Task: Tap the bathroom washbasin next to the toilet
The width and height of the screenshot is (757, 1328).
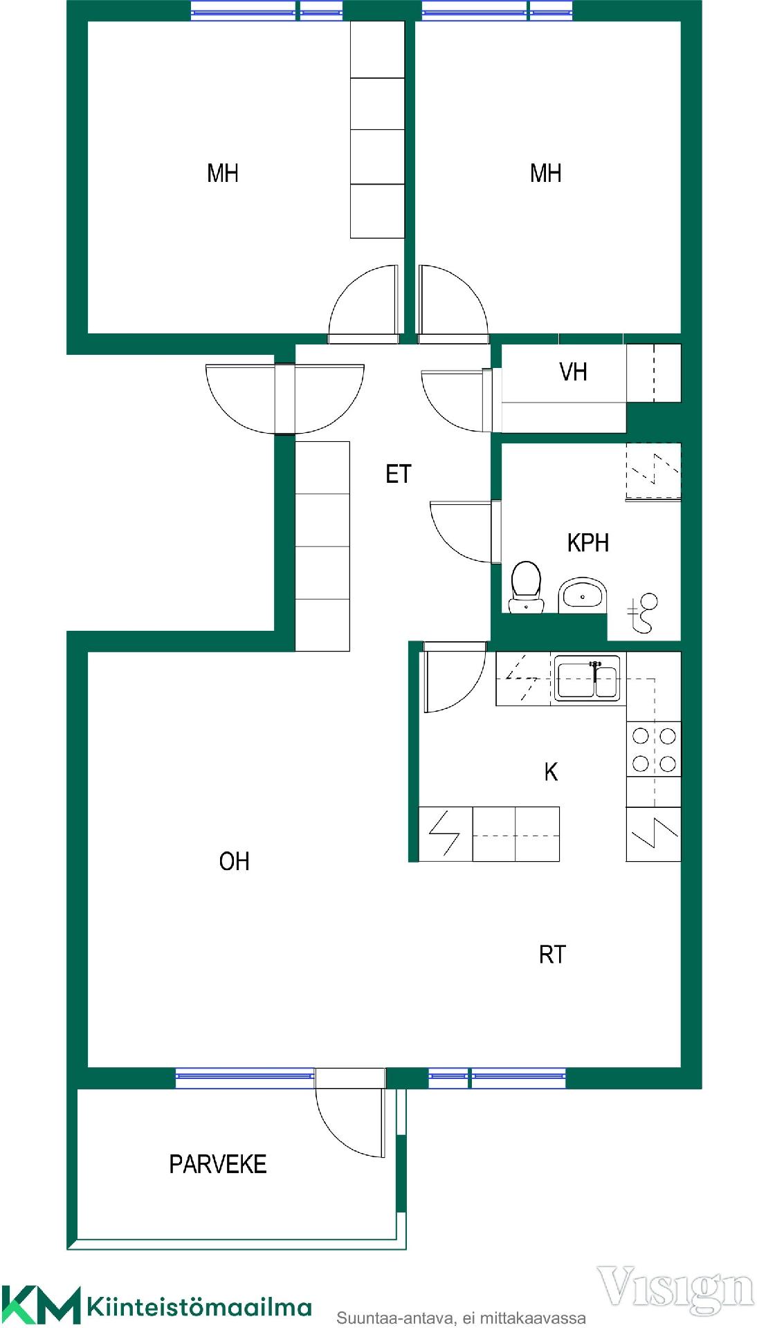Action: (583, 595)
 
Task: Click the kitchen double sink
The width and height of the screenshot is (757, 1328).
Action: (587, 679)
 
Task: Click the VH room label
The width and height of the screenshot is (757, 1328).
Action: (573, 372)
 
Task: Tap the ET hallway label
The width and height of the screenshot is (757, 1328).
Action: (399, 474)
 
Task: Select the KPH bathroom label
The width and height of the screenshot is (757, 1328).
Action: (588, 543)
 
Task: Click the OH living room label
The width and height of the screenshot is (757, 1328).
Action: (234, 861)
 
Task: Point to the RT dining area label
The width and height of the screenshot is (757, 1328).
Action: (552, 954)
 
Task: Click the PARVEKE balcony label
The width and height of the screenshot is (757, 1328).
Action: (218, 1164)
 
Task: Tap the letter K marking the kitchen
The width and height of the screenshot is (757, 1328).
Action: (551, 772)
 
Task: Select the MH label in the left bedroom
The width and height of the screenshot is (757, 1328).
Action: (223, 173)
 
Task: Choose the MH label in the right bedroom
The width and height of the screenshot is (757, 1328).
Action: (545, 173)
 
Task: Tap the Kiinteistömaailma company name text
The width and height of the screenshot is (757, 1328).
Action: (199, 1307)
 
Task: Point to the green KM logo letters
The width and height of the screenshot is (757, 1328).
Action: (40, 1304)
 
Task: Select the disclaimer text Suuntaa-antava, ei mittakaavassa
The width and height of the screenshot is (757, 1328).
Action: (461, 1318)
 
